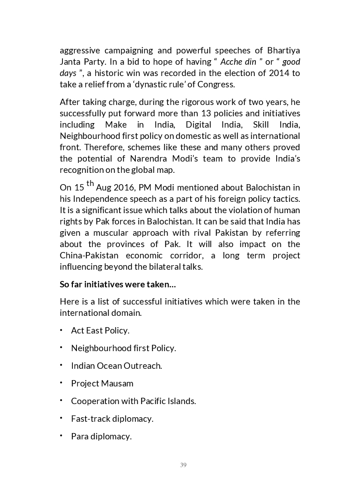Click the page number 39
click(183, 465)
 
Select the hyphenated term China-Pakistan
click(92, 255)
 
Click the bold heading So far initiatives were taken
click(118, 284)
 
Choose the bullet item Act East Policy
click(100, 330)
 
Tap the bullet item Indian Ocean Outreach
click(116, 366)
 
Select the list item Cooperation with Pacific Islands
click(133, 401)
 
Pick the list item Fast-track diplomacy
click(112, 419)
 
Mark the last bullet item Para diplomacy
click(101, 436)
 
